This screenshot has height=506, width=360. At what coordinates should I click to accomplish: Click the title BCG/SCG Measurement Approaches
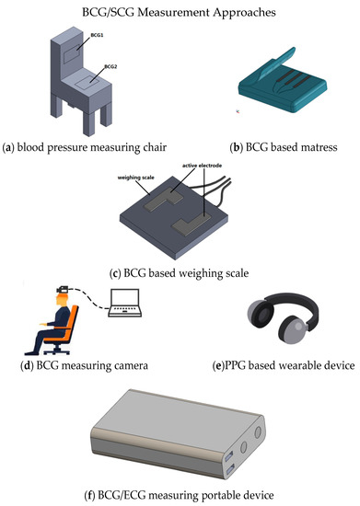180,13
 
